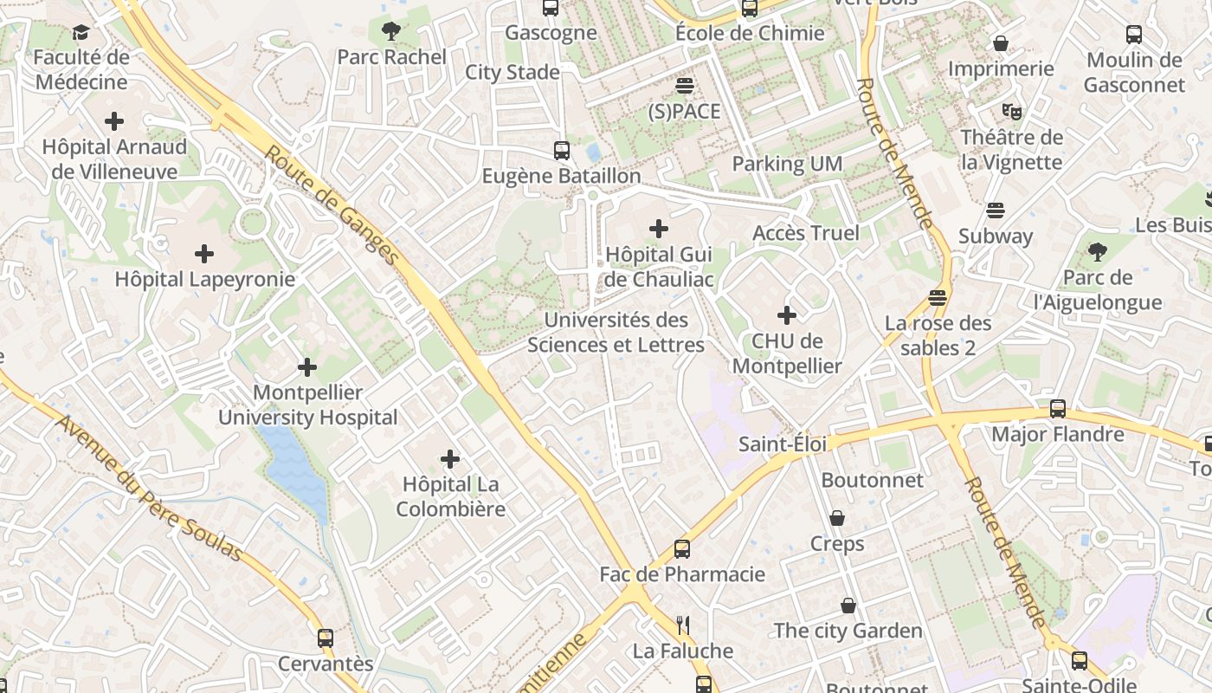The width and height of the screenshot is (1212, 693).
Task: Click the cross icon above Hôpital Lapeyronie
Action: pyautogui.click(x=204, y=254)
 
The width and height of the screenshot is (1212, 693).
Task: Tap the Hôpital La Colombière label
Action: pyautogui.click(x=450, y=496)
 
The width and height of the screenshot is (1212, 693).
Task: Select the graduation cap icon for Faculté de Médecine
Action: pyautogui.click(x=81, y=33)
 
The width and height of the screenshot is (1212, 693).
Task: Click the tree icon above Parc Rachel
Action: pyautogui.click(x=390, y=32)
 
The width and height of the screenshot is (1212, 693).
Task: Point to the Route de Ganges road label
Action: pyautogui.click(x=332, y=206)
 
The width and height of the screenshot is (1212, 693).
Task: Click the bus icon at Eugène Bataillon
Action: pyautogui.click(x=562, y=150)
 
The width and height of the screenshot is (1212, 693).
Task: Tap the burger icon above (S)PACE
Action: pyautogui.click(x=685, y=86)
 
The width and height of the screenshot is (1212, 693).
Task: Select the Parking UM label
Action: pyautogui.click(x=787, y=164)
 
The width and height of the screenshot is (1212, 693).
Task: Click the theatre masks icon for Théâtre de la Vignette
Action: pyautogui.click(x=1011, y=111)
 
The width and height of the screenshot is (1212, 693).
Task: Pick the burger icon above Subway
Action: pyautogui.click(x=996, y=210)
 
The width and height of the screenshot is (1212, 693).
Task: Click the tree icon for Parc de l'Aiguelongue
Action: pyautogui.click(x=1098, y=252)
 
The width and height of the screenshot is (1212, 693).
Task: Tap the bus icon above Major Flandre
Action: pyautogui.click(x=1057, y=409)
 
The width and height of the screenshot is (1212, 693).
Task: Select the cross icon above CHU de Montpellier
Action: pyautogui.click(x=786, y=315)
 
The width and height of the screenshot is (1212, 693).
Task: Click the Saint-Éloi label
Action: pyautogui.click(x=783, y=444)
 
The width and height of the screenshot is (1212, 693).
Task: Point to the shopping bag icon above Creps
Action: pyautogui.click(x=837, y=518)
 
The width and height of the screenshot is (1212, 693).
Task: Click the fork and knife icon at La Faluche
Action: pyautogui.click(x=682, y=625)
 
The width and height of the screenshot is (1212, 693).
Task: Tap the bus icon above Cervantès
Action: pyautogui.click(x=326, y=638)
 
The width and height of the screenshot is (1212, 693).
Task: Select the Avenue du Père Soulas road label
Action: pyautogui.click(x=147, y=488)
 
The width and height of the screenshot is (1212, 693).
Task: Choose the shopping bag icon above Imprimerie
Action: pyautogui.click(x=1001, y=43)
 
